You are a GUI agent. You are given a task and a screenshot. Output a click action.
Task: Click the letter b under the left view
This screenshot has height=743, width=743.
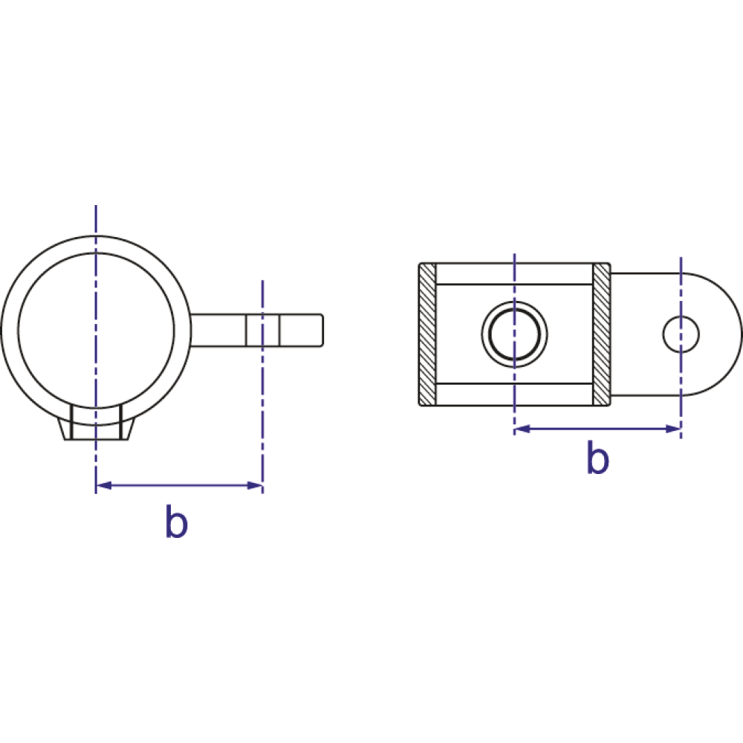coord(177,522)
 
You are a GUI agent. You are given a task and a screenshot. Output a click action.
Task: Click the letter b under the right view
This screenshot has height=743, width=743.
coord(597,457)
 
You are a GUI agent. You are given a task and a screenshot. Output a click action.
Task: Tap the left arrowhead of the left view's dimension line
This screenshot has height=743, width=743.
coord(103,485)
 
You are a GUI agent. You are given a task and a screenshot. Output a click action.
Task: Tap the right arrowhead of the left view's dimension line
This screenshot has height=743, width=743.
coord(255,485)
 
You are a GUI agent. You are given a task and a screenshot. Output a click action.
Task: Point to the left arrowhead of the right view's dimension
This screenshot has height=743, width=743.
coord(522,429)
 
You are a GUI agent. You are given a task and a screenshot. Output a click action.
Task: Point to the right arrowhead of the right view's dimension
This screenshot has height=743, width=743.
coord(673,429)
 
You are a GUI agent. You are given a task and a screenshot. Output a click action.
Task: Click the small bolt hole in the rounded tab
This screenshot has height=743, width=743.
coord(681,334)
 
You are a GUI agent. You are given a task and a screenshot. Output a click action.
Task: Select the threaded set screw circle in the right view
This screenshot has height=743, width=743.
coord(515,334)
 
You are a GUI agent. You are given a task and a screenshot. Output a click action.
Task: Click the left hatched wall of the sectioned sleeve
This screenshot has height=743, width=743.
coord(427,334)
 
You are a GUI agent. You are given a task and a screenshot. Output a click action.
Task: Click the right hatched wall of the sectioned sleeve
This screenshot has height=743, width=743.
coord(602,334)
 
